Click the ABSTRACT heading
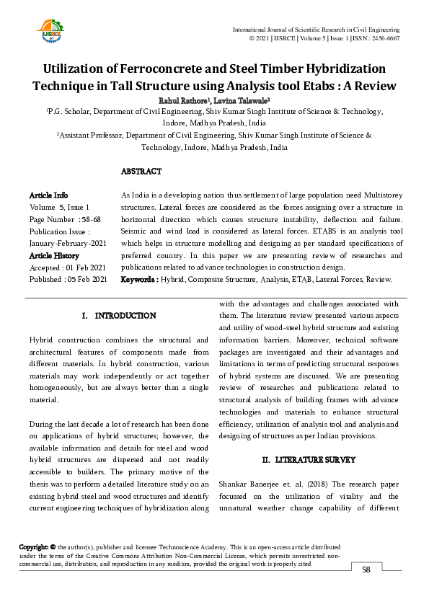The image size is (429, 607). click(141, 172)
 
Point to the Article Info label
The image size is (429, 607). click(48, 195)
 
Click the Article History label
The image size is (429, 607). click(54, 255)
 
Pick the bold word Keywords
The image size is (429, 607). click(138, 279)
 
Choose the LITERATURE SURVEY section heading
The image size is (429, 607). click(310, 459)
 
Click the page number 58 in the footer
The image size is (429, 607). click(366, 570)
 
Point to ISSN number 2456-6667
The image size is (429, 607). click(384, 38)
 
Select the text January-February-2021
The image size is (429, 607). click(68, 244)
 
